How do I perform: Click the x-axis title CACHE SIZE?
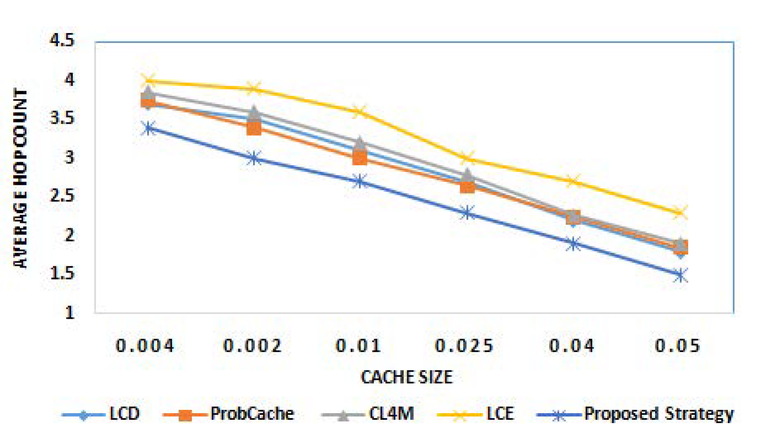406,377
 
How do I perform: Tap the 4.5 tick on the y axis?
62,40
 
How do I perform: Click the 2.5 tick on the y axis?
62,196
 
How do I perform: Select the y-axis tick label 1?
69,312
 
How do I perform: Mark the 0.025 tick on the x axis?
464,345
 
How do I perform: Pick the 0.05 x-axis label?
678,345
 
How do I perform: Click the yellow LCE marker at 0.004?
148,80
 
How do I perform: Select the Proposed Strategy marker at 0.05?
680,275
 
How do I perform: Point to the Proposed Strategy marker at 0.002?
254,158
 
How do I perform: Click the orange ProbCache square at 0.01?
360,157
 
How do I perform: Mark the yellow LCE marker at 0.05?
680,213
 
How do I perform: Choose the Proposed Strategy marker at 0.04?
573,244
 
